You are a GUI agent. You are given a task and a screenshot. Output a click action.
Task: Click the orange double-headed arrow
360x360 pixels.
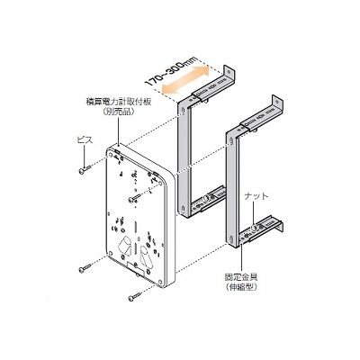point(185,79)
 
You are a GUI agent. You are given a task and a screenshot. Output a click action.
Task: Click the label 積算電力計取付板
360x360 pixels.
point(118,102)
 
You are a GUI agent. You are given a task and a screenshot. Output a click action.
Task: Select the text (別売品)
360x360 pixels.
point(118,112)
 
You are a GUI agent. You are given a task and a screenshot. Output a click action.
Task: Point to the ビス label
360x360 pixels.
point(85,139)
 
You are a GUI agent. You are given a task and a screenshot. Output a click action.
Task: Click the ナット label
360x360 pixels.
point(256,196)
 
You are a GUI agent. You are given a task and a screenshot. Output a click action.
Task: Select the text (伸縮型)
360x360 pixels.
point(241,287)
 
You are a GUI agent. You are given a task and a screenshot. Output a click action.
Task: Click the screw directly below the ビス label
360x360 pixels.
point(85,169)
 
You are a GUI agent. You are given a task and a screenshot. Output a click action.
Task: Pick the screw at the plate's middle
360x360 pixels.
point(134,198)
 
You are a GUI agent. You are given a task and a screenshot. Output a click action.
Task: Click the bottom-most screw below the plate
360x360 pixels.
point(134,297)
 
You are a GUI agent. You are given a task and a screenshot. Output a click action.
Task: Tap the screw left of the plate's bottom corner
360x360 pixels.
point(85,268)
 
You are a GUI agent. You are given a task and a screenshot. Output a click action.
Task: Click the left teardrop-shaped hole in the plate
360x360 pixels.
point(125,246)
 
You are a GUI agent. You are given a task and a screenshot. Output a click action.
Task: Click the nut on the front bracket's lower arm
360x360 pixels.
point(255,229)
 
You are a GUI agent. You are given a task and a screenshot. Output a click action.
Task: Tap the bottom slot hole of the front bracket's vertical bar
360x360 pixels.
point(231,240)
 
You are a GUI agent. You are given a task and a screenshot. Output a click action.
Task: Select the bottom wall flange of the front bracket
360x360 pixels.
point(280,226)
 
